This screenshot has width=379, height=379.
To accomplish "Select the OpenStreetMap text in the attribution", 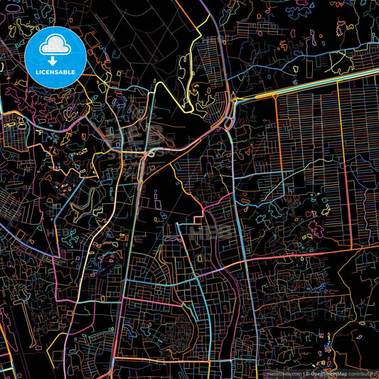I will tap(329, 373).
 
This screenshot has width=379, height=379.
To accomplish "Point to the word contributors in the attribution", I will tap(363, 373).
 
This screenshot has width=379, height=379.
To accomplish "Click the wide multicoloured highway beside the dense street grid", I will tap(320, 82).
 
